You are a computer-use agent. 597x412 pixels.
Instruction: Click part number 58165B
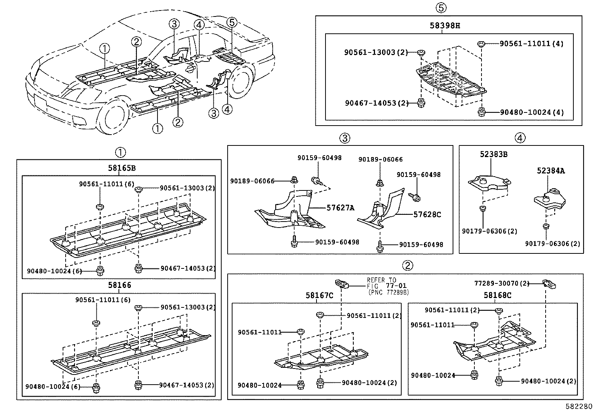(x=121, y=168)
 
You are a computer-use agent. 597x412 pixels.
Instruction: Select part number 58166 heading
(x=120, y=285)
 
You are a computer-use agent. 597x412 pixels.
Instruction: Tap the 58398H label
(x=445, y=26)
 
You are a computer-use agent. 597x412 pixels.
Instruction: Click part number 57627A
(x=340, y=208)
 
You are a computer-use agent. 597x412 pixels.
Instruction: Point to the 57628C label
(x=427, y=214)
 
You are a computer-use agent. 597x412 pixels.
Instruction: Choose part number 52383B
(x=494, y=154)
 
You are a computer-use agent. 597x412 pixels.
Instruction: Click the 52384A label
(x=550, y=171)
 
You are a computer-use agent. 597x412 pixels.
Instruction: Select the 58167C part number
(x=319, y=296)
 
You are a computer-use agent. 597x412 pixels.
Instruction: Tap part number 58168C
(x=497, y=295)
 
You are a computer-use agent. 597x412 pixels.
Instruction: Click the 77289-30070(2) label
(x=502, y=283)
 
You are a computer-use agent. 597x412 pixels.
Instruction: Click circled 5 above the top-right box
(x=441, y=7)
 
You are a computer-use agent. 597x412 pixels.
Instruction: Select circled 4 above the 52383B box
(x=520, y=138)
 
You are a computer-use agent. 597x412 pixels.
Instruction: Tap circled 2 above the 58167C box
(x=407, y=266)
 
